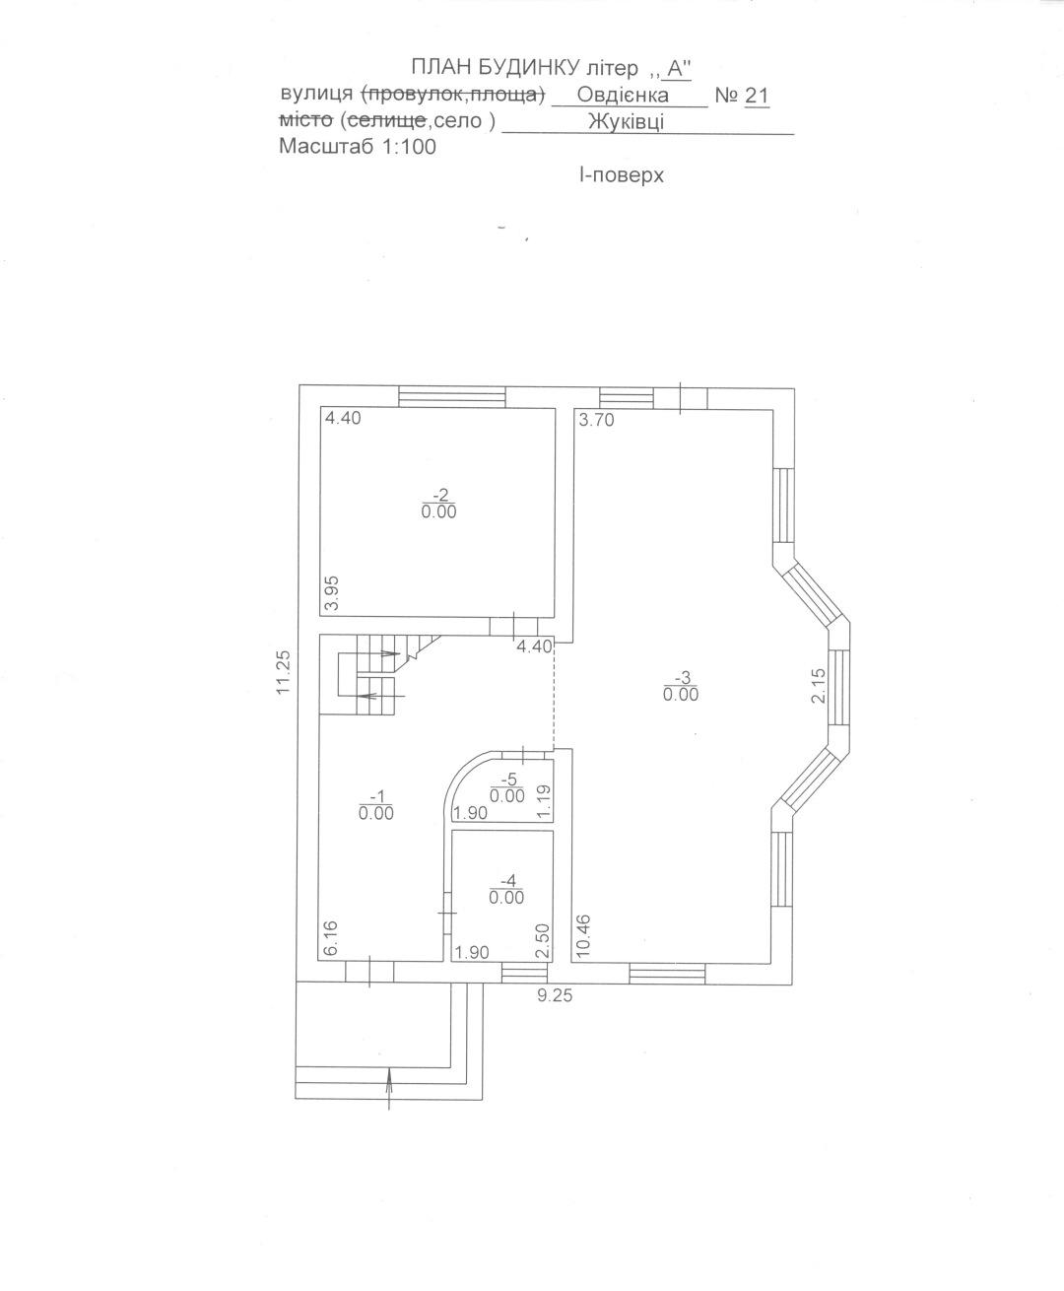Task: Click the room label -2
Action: click(441, 495)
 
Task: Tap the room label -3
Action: click(683, 677)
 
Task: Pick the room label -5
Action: click(508, 778)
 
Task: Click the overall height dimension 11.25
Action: click(283, 673)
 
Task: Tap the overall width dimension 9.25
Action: click(555, 995)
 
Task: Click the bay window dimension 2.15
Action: click(818, 686)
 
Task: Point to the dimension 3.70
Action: click(597, 421)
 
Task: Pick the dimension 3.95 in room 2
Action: click(333, 593)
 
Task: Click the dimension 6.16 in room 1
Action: click(331, 938)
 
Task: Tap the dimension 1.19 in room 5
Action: click(544, 801)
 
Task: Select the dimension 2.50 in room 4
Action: click(543, 941)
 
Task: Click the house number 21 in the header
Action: click(758, 96)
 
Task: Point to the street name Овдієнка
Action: click(623, 96)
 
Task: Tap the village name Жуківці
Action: click(626, 122)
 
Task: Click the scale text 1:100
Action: click(408, 147)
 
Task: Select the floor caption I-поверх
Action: click(622, 175)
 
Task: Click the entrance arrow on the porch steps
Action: click(389, 1089)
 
